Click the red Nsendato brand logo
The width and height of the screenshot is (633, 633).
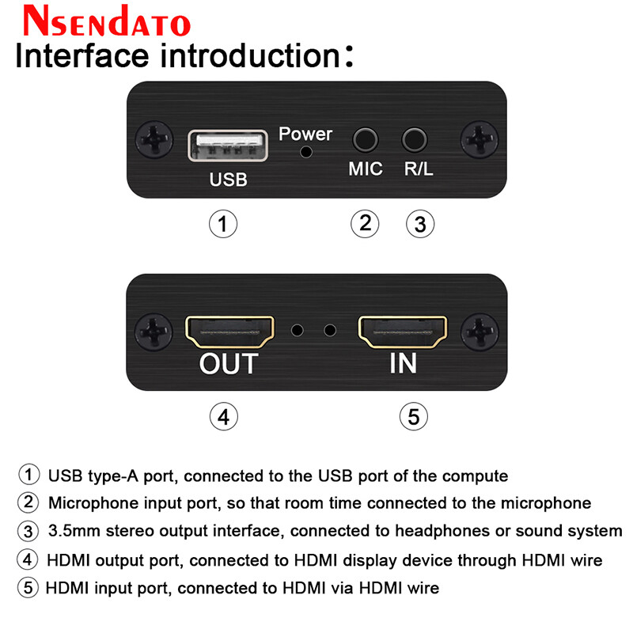coord(106,21)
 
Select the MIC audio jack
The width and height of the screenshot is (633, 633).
coord(365,140)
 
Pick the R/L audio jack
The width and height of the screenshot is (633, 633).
coord(414,140)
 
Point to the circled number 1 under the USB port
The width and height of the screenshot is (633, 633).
coord(223,224)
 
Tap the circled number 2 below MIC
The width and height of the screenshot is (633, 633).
coord(365,224)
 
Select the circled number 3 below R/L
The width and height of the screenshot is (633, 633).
coord(420,225)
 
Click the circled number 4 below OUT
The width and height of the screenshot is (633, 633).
coord(224,415)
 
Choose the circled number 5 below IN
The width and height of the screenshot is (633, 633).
coord(414,415)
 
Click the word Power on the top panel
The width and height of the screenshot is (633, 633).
coord(305,133)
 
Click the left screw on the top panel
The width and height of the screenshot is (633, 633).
coord(154,140)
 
